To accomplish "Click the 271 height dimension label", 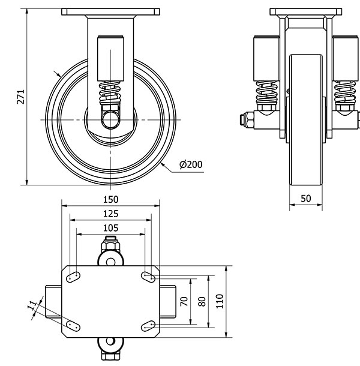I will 20,98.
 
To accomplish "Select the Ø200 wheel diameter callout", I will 191,164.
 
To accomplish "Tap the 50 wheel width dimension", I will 306,198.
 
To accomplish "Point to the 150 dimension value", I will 111,199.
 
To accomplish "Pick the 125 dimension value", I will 111,214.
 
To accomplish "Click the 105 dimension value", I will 111,228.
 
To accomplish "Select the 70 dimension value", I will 185,301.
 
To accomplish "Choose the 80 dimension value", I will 202,301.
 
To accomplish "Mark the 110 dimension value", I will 220,301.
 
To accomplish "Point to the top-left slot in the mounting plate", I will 74,277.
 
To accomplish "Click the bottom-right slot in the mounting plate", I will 148,325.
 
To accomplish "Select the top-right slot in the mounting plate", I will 148,277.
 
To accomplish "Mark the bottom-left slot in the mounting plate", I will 74,325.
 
